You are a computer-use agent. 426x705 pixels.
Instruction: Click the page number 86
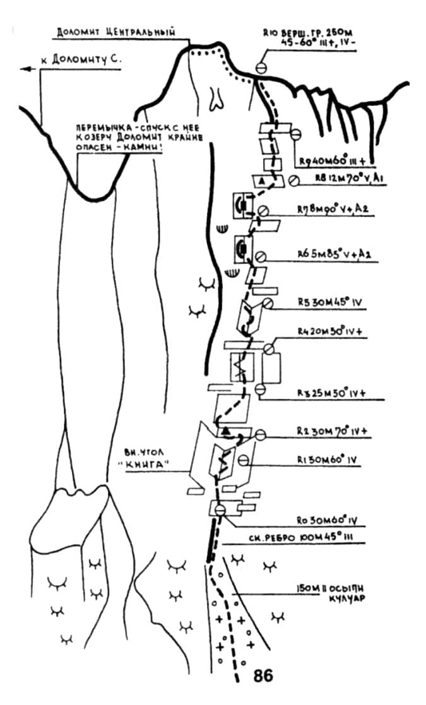tap(263, 675)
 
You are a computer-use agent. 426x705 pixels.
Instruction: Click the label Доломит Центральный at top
tap(115, 31)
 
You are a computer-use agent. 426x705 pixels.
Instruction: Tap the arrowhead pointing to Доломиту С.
tap(25, 69)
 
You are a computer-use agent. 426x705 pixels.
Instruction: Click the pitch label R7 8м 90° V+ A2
tap(336, 209)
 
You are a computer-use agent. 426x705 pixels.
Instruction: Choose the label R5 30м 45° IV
tap(331, 302)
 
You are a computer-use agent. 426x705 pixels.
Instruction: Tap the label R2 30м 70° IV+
tap(332, 431)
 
